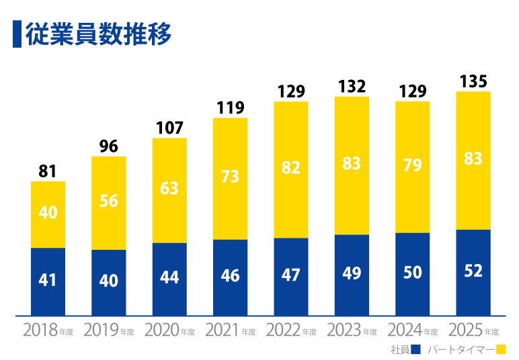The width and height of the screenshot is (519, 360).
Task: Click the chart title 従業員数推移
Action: (x=98, y=34)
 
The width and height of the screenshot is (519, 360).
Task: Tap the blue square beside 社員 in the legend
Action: (x=415, y=349)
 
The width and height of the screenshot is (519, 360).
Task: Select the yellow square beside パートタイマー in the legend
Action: (x=501, y=349)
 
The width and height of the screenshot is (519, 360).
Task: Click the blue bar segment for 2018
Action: (x=48, y=281)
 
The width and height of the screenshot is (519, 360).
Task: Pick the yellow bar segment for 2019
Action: (x=109, y=203)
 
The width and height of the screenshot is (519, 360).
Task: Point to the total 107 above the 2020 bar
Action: (x=169, y=128)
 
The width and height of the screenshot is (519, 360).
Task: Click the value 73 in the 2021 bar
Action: (x=230, y=177)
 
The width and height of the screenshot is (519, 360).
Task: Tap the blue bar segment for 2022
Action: (x=291, y=277)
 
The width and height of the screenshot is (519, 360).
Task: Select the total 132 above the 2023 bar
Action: (x=352, y=87)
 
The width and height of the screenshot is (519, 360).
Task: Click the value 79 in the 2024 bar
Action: (x=412, y=165)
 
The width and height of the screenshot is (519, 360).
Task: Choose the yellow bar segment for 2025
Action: (x=473, y=161)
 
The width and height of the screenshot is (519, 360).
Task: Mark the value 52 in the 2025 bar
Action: (x=473, y=271)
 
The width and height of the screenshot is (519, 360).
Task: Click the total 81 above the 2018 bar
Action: (x=48, y=171)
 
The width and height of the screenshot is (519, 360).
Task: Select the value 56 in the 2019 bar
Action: (x=109, y=201)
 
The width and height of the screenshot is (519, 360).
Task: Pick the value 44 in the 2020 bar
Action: (x=169, y=277)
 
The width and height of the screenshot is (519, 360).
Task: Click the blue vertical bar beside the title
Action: (x=17, y=34)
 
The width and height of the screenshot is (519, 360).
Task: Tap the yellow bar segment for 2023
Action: (x=352, y=166)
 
